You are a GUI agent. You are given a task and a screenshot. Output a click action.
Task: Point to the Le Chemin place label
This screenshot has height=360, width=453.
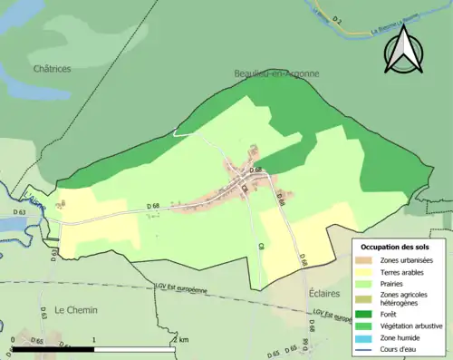[75, 309]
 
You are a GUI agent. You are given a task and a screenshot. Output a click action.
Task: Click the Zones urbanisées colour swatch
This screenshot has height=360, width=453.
[364, 259]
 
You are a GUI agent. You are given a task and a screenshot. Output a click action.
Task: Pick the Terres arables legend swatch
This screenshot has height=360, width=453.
[364, 270]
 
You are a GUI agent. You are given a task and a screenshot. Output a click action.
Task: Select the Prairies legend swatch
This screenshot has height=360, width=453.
[364, 282]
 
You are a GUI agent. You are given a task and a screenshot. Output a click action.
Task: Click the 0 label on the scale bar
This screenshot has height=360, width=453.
[12, 339]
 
